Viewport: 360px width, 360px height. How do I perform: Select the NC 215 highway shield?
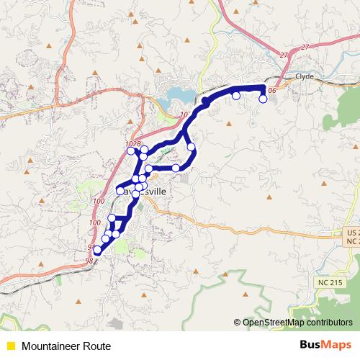pyautogui.click(x=328, y=282)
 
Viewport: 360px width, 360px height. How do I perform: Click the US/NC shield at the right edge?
pyautogui.click(x=351, y=237)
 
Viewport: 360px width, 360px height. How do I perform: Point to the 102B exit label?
pyautogui.click(x=132, y=144)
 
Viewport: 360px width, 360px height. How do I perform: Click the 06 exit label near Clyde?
pyautogui.click(x=271, y=91)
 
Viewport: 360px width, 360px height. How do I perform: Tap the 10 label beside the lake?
pyautogui.click(x=184, y=114)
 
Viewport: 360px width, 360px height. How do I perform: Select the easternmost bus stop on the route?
pyautogui.click(x=263, y=99)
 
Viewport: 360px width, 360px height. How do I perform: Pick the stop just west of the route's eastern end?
pyautogui.click(x=236, y=96)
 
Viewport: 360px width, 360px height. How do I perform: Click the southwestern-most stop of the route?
pyautogui.click(x=98, y=250)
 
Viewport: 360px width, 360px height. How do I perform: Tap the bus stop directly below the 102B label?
pyautogui.click(x=131, y=151)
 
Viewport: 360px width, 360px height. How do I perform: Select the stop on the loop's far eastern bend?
pyautogui.click(x=192, y=148)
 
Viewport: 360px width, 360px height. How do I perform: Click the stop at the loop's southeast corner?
pyautogui.click(x=176, y=168)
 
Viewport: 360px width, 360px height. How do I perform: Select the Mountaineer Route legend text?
pyautogui.click(x=61, y=346)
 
